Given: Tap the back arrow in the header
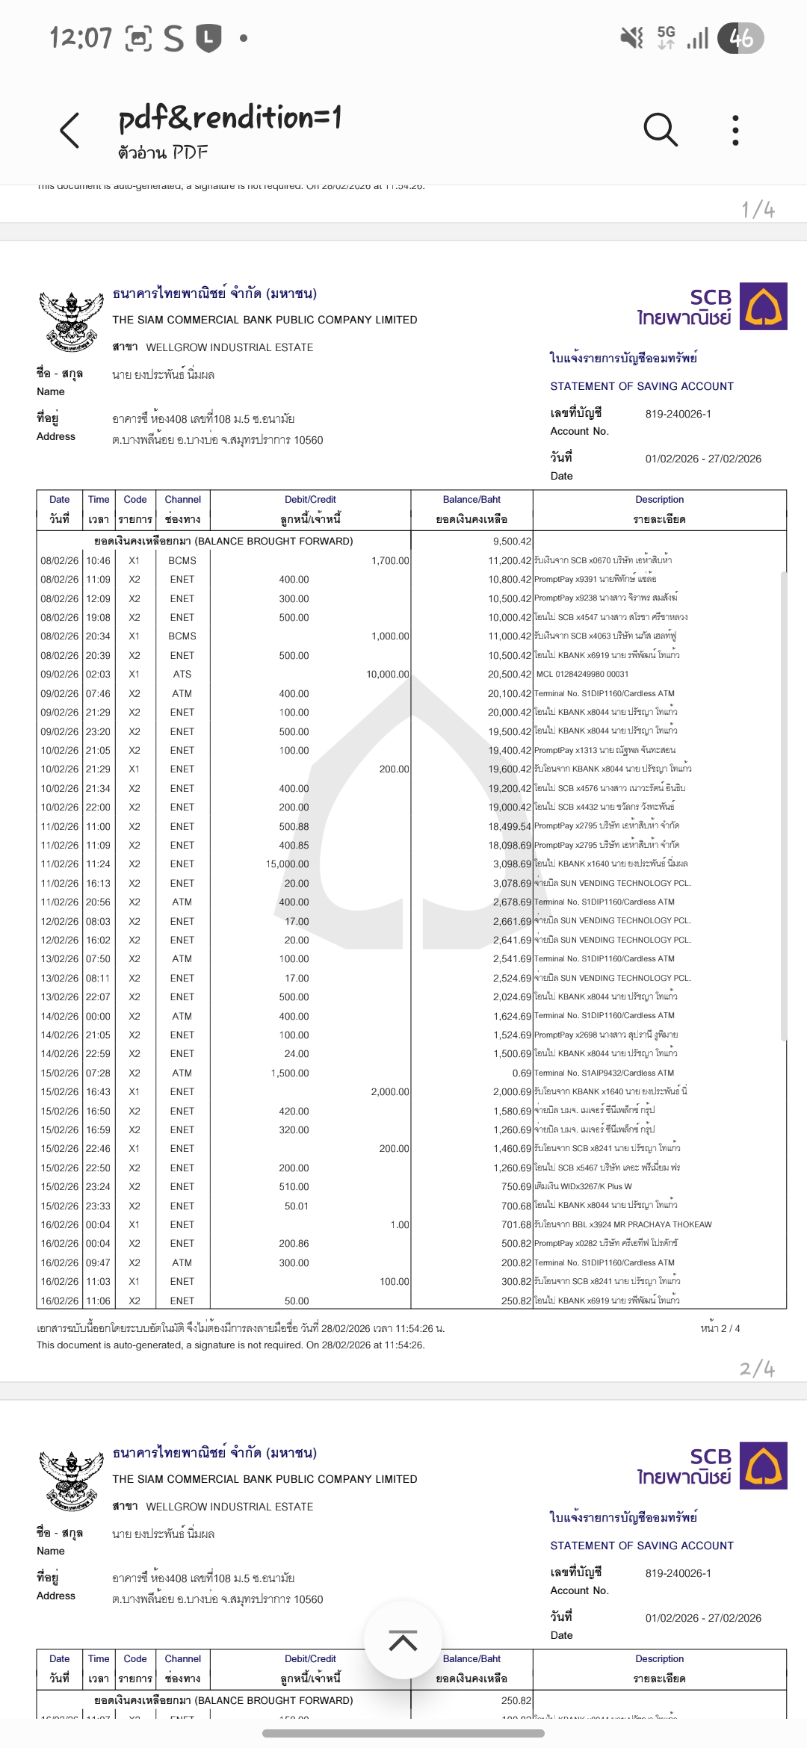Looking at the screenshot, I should (69, 131).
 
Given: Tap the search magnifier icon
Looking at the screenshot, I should (661, 130).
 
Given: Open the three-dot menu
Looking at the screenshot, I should (735, 130).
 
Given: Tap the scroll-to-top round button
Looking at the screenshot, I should (403, 1641).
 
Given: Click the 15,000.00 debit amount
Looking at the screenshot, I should (287, 864).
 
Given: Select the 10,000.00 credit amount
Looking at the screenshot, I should (387, 674).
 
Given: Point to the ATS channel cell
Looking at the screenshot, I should (182, 674).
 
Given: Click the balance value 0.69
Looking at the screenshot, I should (522, 1073).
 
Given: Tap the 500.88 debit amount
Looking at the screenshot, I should (294, 826).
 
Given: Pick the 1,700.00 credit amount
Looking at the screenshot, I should (390, 560).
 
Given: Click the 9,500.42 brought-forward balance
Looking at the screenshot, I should (512, 541).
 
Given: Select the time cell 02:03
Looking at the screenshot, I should (98, 674).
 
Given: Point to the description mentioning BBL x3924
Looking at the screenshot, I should (622, 1224).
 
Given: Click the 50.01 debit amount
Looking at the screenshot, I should (296, 1206).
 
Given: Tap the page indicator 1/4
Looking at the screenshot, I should (758, 209).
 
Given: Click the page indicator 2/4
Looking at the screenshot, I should (757, 1369).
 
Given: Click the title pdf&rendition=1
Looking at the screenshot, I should (229, 117).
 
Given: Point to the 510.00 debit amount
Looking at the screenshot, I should (294, 1186).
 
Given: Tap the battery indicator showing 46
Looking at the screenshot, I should (740, 38).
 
